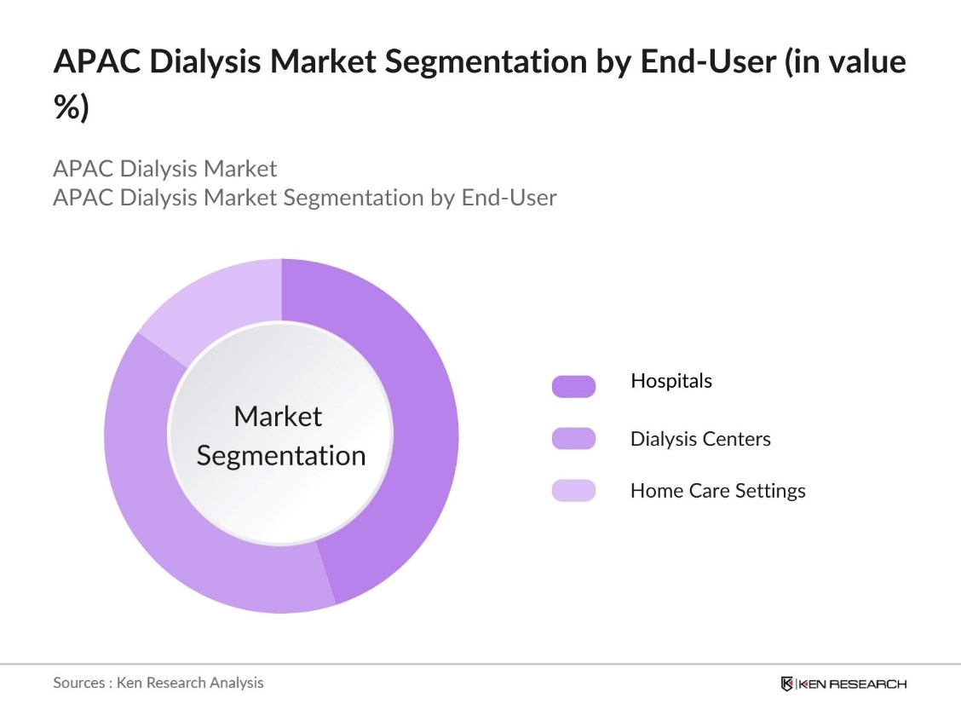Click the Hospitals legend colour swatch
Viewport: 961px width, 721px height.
coord(573,386)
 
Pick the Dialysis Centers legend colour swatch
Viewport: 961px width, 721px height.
coord(573,439)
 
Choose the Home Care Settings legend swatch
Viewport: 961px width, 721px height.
coord(573,491)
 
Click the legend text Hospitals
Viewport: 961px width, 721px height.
coord(671,381)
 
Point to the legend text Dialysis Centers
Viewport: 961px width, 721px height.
coord(700,439)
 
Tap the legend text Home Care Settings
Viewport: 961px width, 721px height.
coord(717,491)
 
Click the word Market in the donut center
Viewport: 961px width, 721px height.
coord(278,416)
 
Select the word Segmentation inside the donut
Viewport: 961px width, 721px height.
coord(281,455)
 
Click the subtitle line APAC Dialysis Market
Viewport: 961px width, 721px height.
coord(164,168)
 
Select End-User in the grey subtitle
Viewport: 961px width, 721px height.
coord(509,198)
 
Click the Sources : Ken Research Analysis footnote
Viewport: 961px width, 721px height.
coord(158,683)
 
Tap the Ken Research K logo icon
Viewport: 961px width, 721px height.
coord(787,684)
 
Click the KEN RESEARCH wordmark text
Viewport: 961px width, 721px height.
coord(852,684)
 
